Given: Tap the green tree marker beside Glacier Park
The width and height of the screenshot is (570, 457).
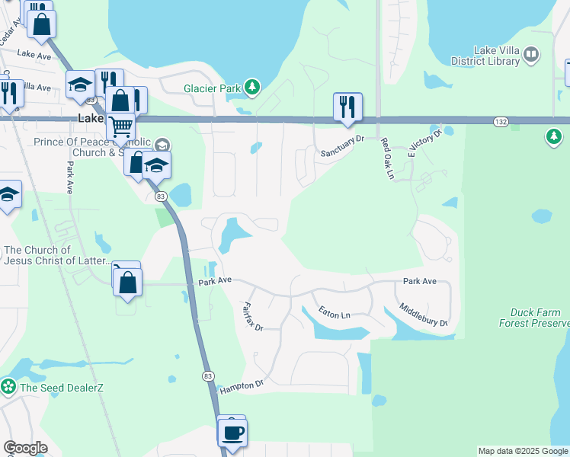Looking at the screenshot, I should tap(253, 88).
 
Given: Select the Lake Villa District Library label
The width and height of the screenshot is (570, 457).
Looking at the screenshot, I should tap(496, 56).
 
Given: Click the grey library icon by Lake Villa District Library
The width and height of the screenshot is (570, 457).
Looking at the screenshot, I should tap(531, 56).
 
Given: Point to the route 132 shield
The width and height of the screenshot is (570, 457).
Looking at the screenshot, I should tap(500, 121).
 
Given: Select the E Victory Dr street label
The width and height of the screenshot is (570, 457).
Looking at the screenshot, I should tap(425, 145).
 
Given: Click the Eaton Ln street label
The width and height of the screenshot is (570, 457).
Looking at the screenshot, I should tap(335, 313).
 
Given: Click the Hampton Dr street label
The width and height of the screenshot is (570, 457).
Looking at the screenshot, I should tap(241, 387).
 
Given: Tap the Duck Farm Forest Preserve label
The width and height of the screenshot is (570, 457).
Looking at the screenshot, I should tap(534, 318).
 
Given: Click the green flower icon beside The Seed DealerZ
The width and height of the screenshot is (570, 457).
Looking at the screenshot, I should tap(8, 386).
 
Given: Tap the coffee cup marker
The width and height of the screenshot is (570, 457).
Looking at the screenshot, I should tap(232, 433).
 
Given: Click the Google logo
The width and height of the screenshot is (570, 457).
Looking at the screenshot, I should tap(25, 448).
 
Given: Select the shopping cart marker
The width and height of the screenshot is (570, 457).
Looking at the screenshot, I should tap(120, 129).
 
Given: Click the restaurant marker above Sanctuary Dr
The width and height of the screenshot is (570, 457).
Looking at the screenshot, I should tap(347, 107).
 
